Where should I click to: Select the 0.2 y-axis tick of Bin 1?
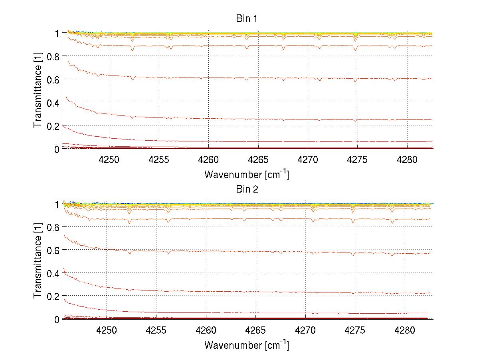(x=53, y=126)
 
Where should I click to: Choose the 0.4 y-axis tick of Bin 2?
(x=53, y=273)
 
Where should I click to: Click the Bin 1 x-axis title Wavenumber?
(x=246, y=174)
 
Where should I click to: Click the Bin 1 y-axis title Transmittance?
(x=38, y=90)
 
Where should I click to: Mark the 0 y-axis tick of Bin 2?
(x=56, y=319)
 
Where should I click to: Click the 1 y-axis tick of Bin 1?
(x=56, y=33)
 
